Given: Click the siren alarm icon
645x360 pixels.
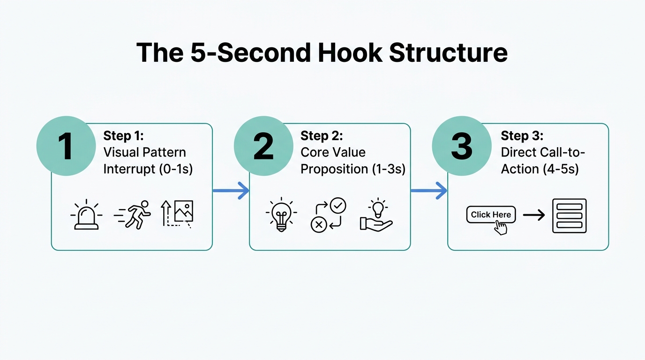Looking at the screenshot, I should (x=86, y=216).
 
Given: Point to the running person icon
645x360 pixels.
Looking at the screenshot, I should (x=133, y=215).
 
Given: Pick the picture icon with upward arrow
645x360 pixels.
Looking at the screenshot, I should (x=178, y=214).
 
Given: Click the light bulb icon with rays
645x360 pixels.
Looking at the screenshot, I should (x=281, y=215).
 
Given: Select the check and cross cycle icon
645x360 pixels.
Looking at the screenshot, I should (x=328, y=215).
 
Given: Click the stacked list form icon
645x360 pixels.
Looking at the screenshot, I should (x=570, y=216).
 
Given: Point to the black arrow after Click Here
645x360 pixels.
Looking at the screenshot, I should (x=534, y=215).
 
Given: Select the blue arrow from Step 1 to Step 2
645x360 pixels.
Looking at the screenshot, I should (x=231, y=190).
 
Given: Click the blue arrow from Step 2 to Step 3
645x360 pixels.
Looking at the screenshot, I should (x=429, y=190).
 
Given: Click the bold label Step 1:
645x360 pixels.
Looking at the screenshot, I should (x=123, y=136).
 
